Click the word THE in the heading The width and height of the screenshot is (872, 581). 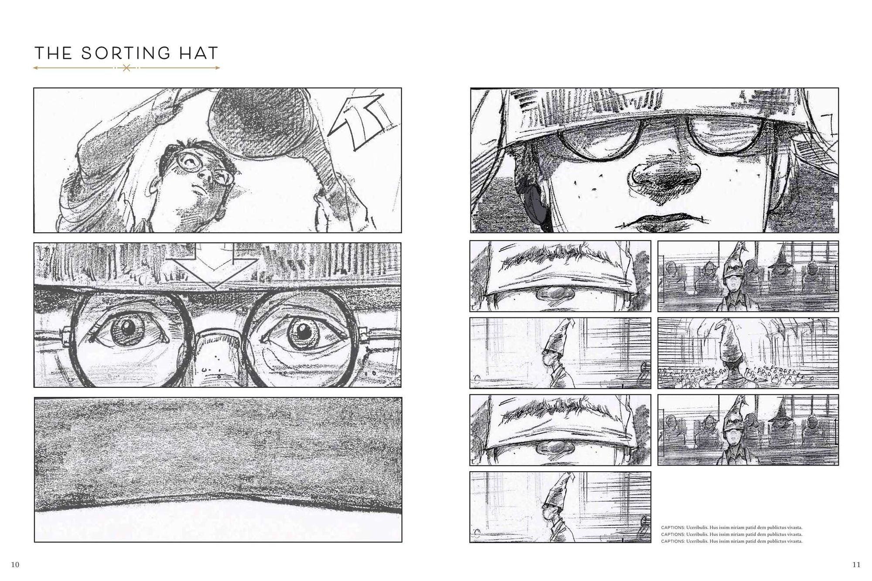coord(53,53)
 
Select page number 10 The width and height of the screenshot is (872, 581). coord(15,564)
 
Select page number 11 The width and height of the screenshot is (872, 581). coord(856,564)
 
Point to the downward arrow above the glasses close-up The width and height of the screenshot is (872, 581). coord(214,266)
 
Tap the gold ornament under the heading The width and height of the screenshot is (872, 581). coord(126,68)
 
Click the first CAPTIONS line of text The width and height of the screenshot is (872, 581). coord(732,528)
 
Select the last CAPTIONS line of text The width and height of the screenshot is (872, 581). coord(732,541)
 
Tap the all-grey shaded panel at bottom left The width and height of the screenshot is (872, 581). coord(218,469)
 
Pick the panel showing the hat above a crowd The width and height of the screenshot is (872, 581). coord(748,353)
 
